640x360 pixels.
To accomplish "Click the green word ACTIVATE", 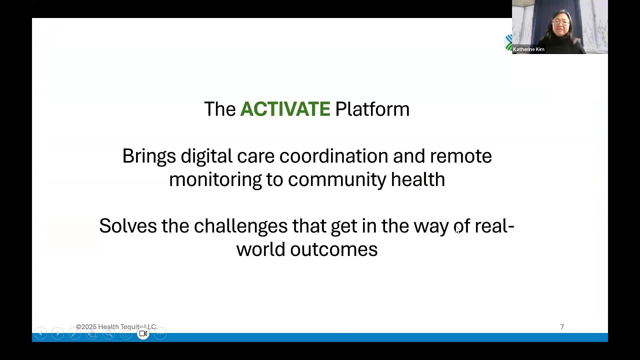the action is coord(285,109).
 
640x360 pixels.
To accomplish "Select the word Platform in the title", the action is coord(372,109).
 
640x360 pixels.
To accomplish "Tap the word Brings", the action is coord(149,157).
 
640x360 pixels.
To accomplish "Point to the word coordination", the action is coord(333,156).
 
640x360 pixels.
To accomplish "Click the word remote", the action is coord(460,156).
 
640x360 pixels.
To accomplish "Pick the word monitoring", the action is coord(215,180).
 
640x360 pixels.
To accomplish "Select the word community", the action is coord(337,180).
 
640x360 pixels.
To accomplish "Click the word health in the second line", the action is coord(418,179).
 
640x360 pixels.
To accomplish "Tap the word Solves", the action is coord(128,225).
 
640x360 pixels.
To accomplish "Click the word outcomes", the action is coord(333,249).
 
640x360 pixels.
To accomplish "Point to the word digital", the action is coord(206,157).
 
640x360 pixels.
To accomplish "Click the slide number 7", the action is coord(562,326).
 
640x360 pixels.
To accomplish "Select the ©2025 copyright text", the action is coord(116,326).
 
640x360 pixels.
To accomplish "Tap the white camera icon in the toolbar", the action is coord(143,333).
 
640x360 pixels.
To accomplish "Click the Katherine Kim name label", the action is coord(528,49).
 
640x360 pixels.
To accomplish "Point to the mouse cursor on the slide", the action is coord(457,230).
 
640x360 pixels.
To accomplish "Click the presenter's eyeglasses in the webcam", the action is coord(560,22).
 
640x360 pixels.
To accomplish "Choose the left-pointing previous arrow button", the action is coord(40,333).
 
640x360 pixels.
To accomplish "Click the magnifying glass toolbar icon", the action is coord(109,333).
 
